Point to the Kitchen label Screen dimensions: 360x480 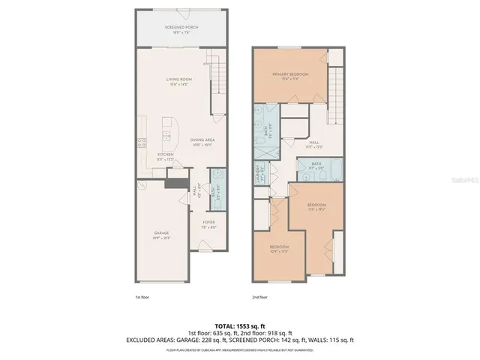(165, 156)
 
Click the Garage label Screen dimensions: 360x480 (161, 235)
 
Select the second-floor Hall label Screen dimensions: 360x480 (314, 143)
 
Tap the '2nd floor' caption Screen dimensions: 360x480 (259, 297)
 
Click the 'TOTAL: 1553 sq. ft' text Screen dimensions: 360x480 (239, 323)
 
